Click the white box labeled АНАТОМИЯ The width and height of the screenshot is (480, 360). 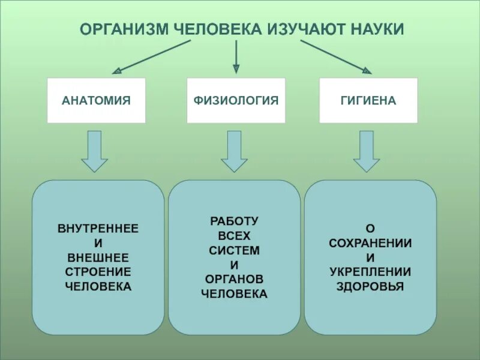point(96,101)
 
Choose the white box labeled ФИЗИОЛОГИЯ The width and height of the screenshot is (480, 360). point(236,101)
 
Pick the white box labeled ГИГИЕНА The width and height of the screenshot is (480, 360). point(368,101)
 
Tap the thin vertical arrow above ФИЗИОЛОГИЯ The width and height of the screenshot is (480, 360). point(236,57)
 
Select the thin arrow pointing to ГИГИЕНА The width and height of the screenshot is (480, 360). point(336,57)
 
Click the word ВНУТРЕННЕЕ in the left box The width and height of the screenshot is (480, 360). point(98,229)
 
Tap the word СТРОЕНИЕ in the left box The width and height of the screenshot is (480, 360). point(98,272)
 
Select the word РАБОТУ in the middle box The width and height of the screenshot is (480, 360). point(234,221)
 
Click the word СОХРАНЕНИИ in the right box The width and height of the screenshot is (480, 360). point(370,243)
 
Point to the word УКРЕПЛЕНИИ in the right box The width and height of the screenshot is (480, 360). point(370,272)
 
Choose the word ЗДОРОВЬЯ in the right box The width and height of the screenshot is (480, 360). point(370,286)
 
